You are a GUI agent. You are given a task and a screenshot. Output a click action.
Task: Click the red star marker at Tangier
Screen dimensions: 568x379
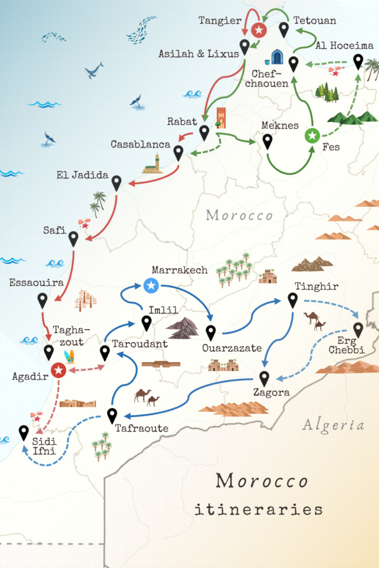(257, 29)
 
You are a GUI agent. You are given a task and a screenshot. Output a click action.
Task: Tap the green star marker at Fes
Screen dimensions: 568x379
(312, 134)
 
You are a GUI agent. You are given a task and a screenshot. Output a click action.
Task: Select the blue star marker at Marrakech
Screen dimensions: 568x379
(151, 286)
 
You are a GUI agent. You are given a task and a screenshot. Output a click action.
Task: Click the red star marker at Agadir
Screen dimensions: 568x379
(58, 370)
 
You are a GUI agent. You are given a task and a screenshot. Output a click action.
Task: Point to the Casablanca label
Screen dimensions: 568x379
(140, 144)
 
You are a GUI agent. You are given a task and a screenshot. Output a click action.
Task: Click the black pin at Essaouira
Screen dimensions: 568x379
(43, 300)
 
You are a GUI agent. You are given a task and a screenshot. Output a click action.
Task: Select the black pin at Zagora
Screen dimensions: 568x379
(264, 378)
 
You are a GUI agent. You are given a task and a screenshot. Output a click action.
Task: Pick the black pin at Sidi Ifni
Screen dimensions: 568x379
(23, 432)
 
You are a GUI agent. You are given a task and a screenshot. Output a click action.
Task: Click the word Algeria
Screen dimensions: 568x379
(333, 425)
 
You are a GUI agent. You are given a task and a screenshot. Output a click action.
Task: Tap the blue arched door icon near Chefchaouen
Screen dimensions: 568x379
(277, 57)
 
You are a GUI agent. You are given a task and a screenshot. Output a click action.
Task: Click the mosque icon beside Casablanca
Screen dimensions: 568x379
(153, 164)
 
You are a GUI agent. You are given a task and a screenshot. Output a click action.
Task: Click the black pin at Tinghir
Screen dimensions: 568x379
(292, 300)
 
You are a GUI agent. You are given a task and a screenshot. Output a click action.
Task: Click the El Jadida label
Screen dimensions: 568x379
(82, 175)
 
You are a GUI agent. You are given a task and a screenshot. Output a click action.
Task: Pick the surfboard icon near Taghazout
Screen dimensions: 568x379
(69, 356)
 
